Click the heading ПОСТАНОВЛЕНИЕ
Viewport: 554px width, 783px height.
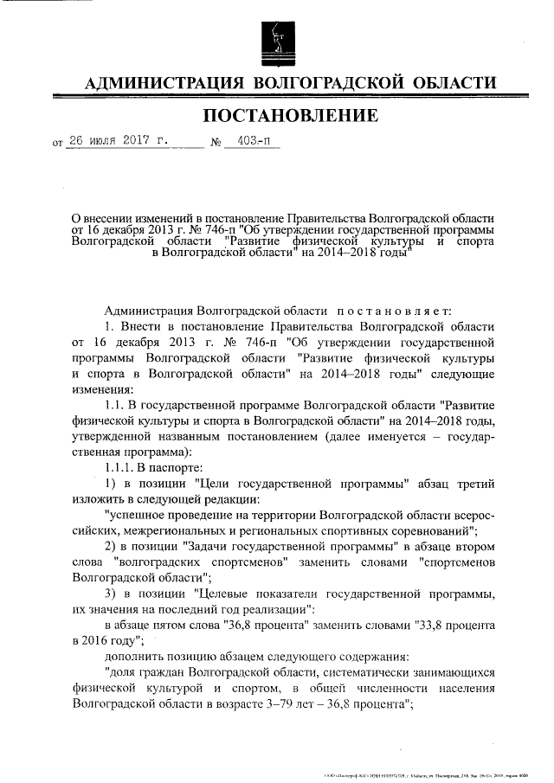click(x=290, y=116)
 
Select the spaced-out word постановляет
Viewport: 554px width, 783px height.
click(x=396, y=310)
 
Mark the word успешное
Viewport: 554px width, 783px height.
click(x=141, y=513)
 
